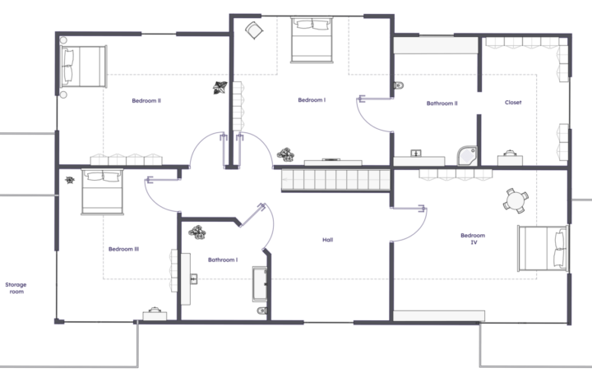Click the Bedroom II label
(146, 101)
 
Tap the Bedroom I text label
(312, 100)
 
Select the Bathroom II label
(442, 103)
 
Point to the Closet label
(513, 102)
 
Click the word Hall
(328, 240)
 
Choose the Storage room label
(16, 288)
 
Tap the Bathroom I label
(223, 260)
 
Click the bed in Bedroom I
(312, 39)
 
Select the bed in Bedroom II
(84, 67)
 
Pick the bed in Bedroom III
(102, 192)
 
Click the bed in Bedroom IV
(543, 248)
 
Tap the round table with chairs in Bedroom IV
(516, 200)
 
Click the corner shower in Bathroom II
(467, 156)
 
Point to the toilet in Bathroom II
(399, 85)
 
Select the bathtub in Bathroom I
(260, 284)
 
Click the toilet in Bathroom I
(262, 310)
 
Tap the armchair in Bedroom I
(254, 30)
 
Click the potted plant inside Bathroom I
(197, 232)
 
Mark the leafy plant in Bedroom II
(220, 88)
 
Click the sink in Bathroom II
(416, 153)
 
